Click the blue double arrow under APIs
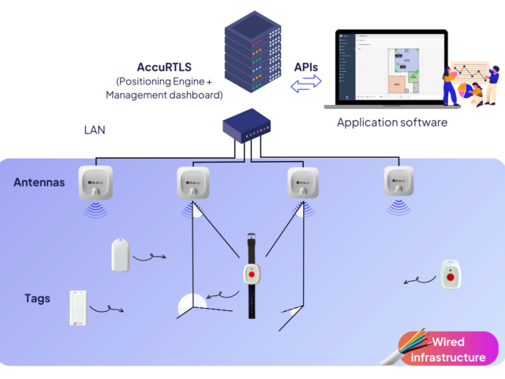pyautogui.click(x=306, y=85)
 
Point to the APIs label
pyautogui.click(x=306, y=68)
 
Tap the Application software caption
pyautogui.click(x=392, y=122)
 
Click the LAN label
pyautogui.click(x=95, y=129)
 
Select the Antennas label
pyautogui.click(x=39, y=182)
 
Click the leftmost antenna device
pyautogui.click(x=95, y=182)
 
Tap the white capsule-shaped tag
pyautogui.click(x=120, y=255)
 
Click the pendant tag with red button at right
pyautogui.click(x=450, y=275)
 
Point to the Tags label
pyautogui.click(x=38, y=298)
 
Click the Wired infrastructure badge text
pyautogui.click(x=448, y=349)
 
